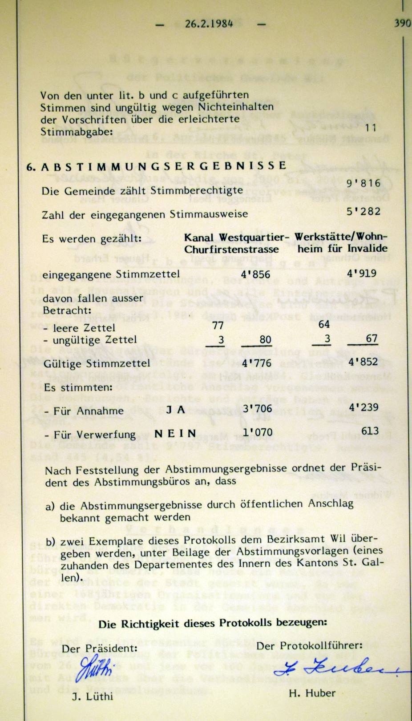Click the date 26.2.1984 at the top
(209, 24)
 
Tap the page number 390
(402, 23)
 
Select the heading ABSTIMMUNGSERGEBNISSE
(164, 166)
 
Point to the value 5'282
(364, 211)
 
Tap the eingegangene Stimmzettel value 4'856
(255, 274)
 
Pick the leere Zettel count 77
(218, 326)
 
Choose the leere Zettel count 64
(324, 325)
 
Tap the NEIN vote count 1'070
(257, 432)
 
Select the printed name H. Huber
(312, 693)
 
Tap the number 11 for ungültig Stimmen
(370, 128)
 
